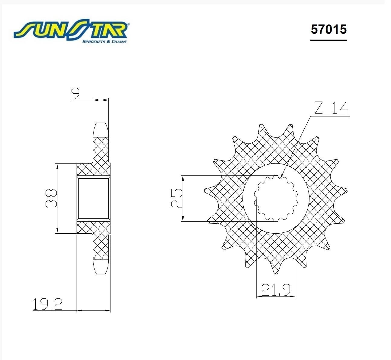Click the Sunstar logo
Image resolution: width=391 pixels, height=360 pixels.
71,31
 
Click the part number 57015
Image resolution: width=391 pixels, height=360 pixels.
329,30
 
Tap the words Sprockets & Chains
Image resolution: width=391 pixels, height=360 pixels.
104,42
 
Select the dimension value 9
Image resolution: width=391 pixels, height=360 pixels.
75,93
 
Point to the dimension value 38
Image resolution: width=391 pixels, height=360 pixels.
51,198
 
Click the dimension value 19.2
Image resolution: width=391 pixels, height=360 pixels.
48,304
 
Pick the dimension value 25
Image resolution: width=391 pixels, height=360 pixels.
177,198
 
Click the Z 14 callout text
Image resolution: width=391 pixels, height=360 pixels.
331,108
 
